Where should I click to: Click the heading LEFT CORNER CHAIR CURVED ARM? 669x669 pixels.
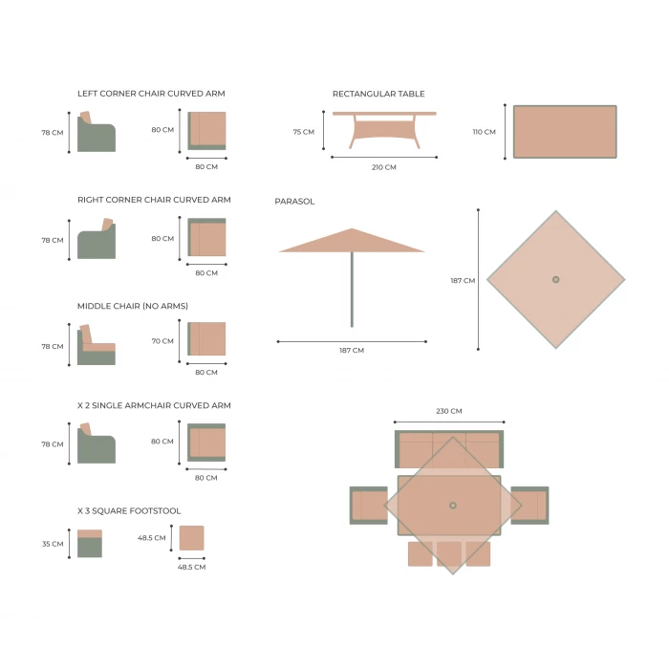tap(151, 94)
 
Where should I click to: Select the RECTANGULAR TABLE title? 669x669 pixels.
tap(378, 94)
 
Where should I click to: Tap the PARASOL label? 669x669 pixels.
tap(294, 202)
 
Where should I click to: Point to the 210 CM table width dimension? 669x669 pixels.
tap(384, 167)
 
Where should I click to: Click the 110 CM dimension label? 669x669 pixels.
tap(484, 132)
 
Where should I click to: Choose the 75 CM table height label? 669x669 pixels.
tap(303, 132)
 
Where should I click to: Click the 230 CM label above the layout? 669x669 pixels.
tap(449, 411)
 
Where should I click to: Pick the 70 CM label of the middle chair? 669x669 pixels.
tap(162, 341)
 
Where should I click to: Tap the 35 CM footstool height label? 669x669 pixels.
tap(53, 544)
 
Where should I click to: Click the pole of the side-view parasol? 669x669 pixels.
tap(352, 290)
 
